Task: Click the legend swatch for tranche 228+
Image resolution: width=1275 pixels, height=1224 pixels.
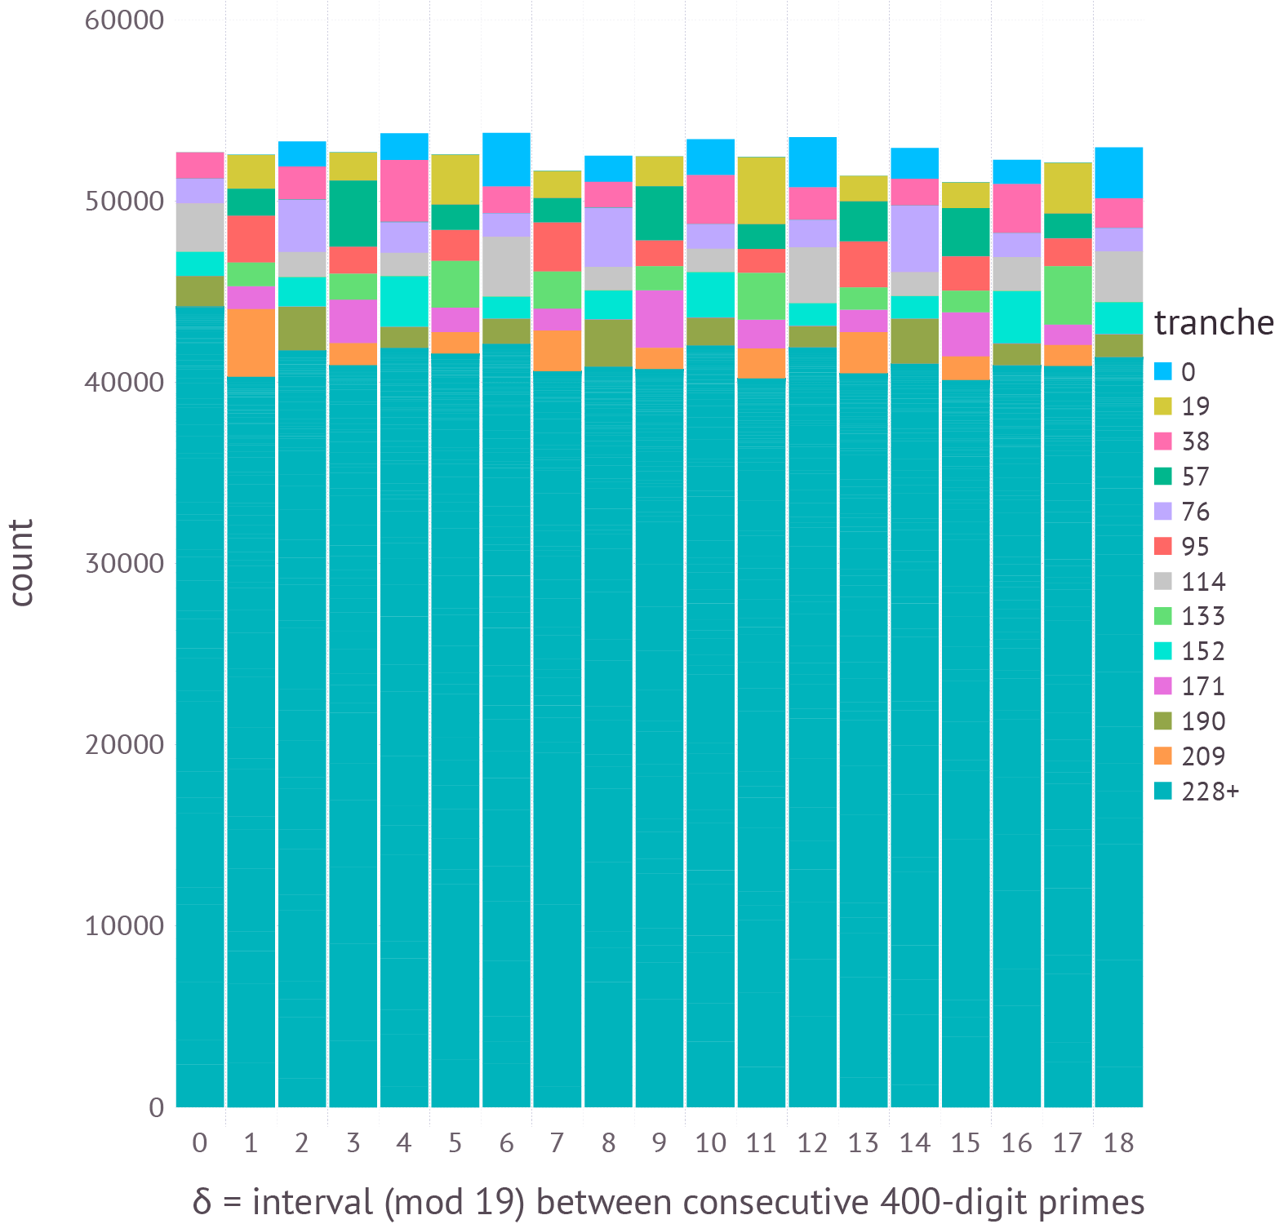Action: [x=1163, y=791]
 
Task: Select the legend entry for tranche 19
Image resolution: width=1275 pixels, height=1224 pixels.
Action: [x=1195, y=406]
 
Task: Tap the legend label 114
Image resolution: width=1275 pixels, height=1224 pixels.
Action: [x=1203, y=582]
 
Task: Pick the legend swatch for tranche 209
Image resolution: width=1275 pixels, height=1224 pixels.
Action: [x=1163, y=756]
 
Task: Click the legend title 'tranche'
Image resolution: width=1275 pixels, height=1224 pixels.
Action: [x=1213, y=323]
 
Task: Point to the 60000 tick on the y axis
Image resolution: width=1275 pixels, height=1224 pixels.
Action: [x=125, y=20]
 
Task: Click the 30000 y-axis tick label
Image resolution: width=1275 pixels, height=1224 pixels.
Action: [x=125, y=563]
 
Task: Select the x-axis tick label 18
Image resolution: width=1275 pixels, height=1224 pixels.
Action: [x=1118, y=1143]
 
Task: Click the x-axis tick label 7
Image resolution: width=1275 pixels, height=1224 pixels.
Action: [x=557, y=1143]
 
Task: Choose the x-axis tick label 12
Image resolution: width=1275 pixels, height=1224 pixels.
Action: [x=812, y=1143]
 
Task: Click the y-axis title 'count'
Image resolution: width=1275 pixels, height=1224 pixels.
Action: [x=23, y=563]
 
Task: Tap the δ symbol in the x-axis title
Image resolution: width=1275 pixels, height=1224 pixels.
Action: [x=202, y=1202]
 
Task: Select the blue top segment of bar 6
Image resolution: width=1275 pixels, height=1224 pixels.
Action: [x=506, y=159]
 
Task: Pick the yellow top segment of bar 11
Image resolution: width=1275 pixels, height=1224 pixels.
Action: [x=762, y=190]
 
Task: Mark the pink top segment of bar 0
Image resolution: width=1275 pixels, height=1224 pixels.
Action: [x=200, y=165]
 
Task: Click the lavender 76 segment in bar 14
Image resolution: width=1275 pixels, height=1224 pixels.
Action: [x=914, y=238]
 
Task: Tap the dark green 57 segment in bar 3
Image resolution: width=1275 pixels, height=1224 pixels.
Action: [x=353, y=213]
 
